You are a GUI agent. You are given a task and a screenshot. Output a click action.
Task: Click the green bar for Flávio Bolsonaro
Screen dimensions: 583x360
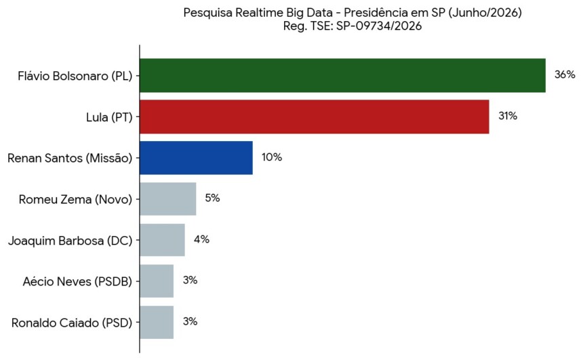342,75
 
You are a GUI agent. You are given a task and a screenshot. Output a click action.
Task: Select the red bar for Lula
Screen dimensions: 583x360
314,117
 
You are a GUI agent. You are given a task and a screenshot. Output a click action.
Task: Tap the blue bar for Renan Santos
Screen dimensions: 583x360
196,158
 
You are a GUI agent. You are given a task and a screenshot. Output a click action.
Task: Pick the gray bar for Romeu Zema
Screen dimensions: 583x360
167,199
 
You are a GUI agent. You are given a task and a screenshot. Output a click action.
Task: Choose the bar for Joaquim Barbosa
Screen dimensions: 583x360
162,240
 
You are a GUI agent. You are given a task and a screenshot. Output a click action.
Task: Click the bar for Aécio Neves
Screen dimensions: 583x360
157,281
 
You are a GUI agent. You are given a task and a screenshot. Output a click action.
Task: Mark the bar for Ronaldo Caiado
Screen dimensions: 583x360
157,323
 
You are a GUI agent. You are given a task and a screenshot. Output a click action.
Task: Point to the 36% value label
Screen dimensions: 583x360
565,75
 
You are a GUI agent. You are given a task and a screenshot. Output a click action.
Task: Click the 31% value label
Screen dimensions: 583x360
508,116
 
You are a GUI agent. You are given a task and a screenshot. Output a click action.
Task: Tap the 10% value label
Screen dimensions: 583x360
272,157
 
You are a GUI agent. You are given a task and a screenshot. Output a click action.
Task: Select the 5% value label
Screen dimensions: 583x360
213,198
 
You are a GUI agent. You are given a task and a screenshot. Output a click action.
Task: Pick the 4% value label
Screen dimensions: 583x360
201,239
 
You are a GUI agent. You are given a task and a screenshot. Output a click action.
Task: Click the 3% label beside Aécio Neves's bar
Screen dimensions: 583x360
190,281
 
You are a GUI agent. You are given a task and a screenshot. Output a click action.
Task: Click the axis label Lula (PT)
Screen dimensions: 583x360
109,117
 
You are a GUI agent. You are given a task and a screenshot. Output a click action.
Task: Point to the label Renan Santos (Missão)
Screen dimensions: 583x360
70,159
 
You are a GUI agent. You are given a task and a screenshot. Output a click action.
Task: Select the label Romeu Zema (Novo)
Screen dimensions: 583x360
75,200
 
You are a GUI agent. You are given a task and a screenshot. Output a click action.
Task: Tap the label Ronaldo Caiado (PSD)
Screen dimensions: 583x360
72,323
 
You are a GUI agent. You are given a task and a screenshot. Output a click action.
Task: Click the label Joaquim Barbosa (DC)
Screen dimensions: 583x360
71,241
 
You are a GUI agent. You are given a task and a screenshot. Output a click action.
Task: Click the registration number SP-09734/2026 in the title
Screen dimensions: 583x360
379,26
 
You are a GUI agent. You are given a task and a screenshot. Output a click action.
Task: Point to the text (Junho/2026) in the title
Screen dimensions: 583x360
485,13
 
